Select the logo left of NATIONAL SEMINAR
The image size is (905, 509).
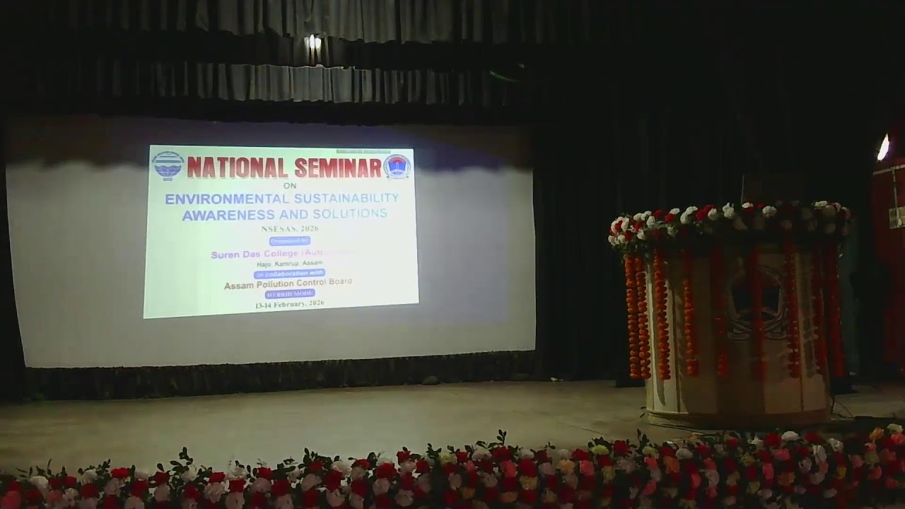tap(167, 166)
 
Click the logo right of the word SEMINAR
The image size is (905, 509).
tap(397, 166)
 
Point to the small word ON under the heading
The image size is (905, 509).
tap(289, 186)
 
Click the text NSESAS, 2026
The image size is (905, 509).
tap(289, 228)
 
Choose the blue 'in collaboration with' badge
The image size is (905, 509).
tap(289, 274)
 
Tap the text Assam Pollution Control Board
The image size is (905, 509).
tap(288, 284)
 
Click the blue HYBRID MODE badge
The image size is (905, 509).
tap(290, 293)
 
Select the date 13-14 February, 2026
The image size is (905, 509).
tap(289, 303)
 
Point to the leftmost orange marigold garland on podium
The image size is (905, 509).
tap(631, 315)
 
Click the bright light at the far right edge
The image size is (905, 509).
tap(883, 147)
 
